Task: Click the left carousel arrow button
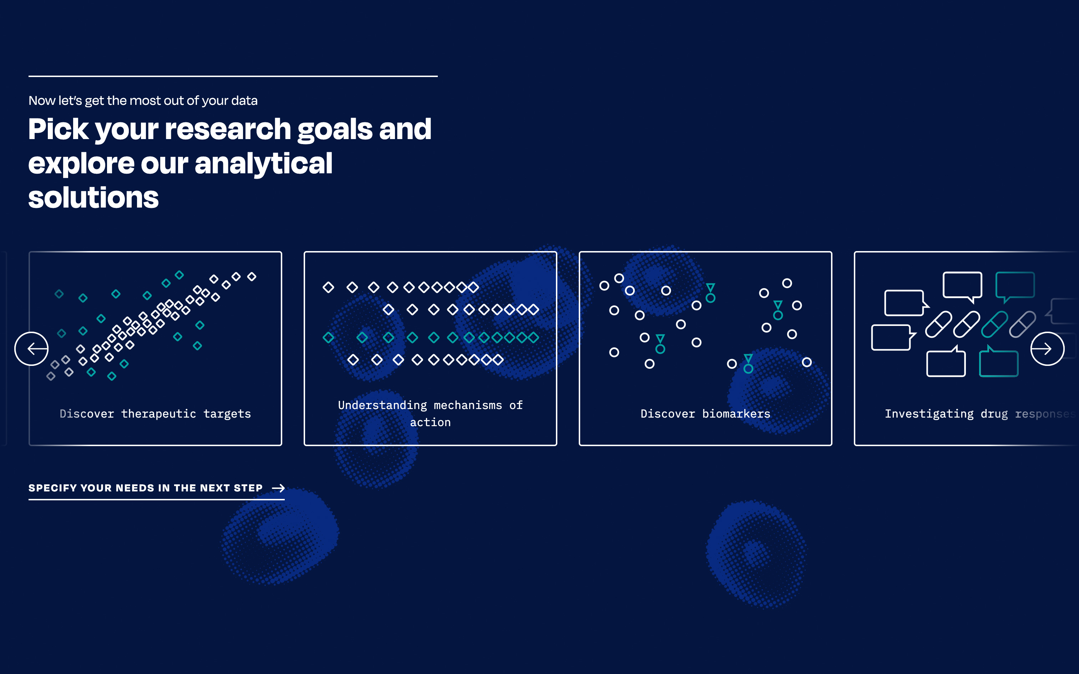click(31, 349)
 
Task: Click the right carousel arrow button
click(1047, 349)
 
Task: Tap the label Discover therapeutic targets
click(155, 414)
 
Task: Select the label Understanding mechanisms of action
click(430, 414)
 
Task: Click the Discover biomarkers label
click(705, 414)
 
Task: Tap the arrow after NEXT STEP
click(278, 488)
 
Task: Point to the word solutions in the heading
click(93, 198)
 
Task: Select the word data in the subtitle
click(244, 100)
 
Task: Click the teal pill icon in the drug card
click(994, 325)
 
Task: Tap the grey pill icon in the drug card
click(1022, 325)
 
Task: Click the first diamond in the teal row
click(329, 337)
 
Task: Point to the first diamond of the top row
click(329, 287)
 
